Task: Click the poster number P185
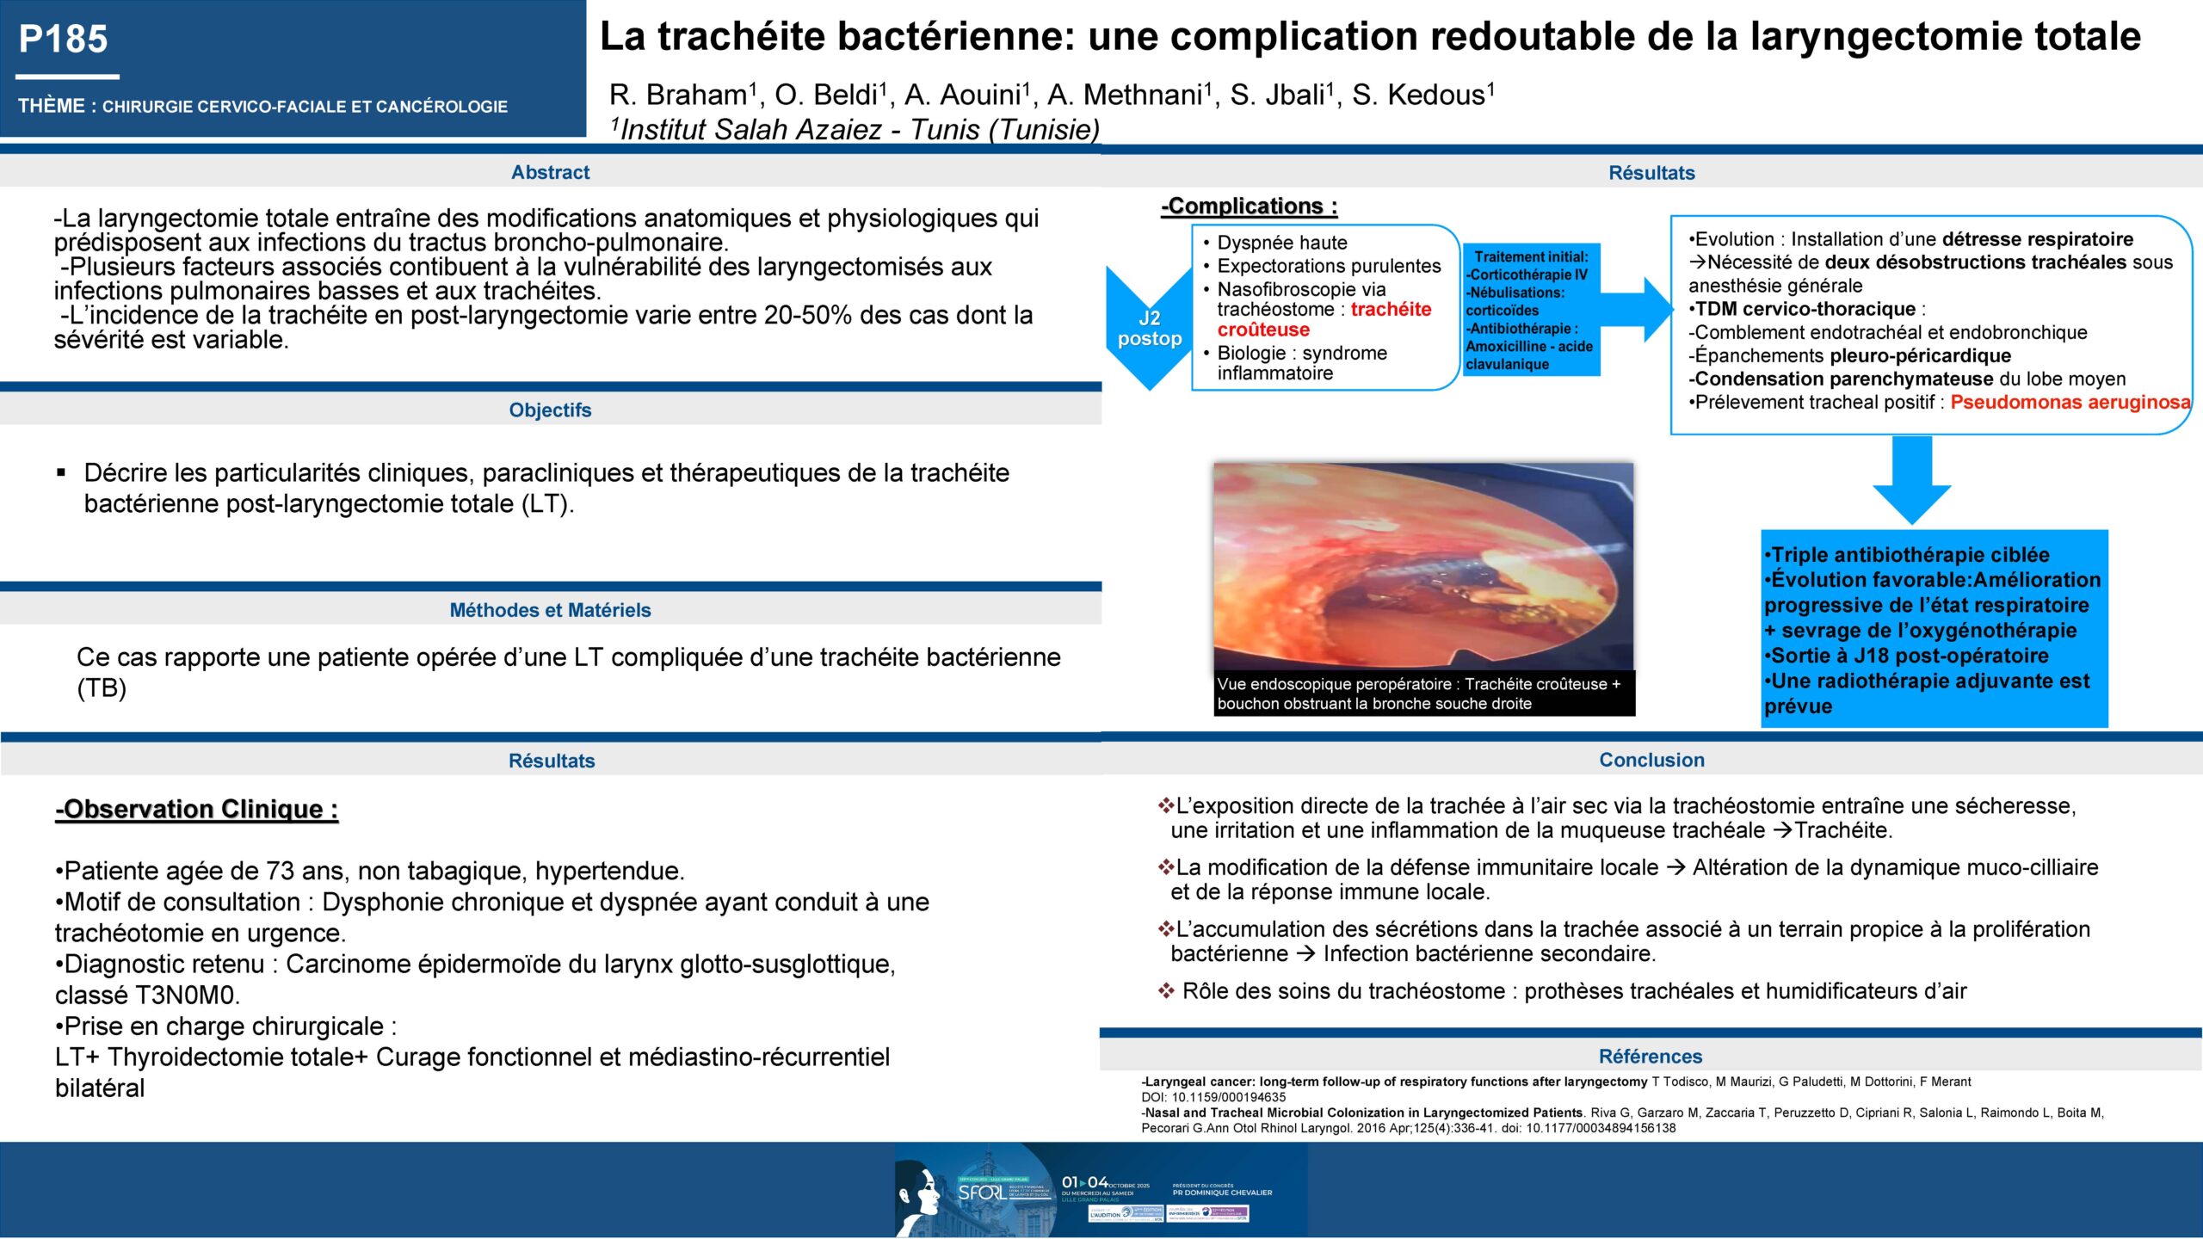tap(63, 40)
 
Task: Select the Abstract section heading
tap(550, 172)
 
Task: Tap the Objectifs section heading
tap(550, 410)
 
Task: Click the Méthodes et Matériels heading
tap(550, 610)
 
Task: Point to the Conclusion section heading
tap(1651, 760)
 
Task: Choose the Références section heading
tap(1650, 1057)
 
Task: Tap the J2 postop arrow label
tap(1149, 329)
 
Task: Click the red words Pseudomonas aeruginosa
tap(2070, 403)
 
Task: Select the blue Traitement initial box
tap(1530, 310)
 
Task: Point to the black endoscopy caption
tap(1422, 693)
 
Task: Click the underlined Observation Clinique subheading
tap(197, 810)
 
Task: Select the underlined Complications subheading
tap(1249, 206)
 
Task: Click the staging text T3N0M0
tap(186, 996)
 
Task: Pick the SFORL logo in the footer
tap(982, 1193)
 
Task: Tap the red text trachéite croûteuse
tap(1324, 319)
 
